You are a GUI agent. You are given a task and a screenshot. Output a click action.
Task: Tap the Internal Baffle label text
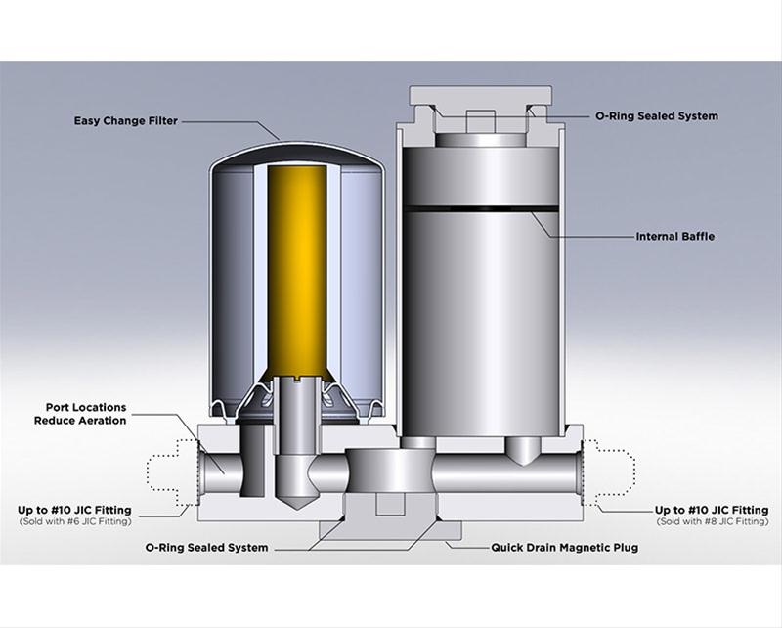point(676,236)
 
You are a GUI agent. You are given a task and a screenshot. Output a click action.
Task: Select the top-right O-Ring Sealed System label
point(657,115)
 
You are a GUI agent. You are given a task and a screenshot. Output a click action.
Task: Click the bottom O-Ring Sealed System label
point(206,547)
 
